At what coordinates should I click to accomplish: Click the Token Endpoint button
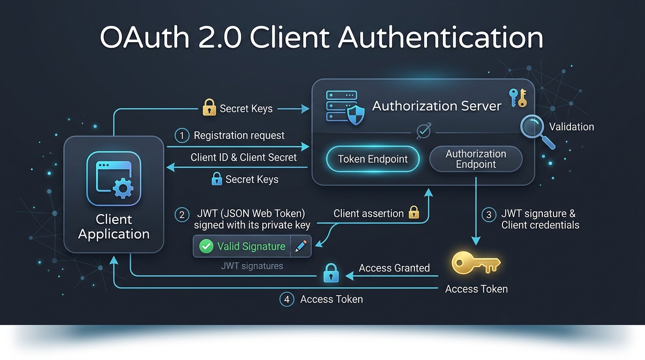point(373,159)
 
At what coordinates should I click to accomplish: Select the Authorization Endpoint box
point(476,159)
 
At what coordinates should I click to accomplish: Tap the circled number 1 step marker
point(182,135)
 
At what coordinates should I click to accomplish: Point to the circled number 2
point(182,215)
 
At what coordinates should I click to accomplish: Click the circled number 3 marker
point(488,215)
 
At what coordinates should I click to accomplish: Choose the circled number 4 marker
point(286,300)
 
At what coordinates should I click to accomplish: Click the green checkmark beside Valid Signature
point(206,246)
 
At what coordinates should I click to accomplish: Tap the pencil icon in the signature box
point(301,246)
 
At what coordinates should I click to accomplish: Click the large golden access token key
point(476,262)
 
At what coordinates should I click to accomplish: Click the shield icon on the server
point(356,115)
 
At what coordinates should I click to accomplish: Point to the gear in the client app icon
point(123,188)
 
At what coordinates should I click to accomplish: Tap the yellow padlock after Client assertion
point(414,212)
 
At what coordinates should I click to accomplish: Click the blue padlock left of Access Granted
point(331,273)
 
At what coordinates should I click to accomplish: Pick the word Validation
point(571,127)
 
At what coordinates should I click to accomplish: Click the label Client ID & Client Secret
point(243,157)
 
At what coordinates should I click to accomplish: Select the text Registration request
point(239,135)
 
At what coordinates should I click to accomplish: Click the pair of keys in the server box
point(518,98)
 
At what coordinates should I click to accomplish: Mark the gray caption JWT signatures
point(252,266)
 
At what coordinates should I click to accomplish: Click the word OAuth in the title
point(144,37)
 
